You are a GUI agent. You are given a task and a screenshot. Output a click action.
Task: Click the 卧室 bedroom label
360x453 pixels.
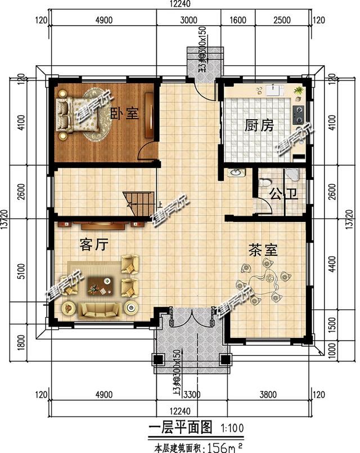[x=124, y=113]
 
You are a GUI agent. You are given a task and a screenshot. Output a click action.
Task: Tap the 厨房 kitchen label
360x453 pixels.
[x=259, y=125]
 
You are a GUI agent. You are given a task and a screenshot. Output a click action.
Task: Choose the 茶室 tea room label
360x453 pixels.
[x=263, y=250]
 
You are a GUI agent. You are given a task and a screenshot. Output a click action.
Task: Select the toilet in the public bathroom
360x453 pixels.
[x=264, y=183]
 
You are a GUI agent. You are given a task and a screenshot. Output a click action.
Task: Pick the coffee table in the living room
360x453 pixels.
[x=101, y=285]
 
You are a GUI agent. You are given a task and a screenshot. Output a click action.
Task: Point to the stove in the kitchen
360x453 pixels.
[x=299, y=115]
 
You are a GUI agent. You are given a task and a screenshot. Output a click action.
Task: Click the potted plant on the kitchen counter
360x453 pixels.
[x=298, y=90]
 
